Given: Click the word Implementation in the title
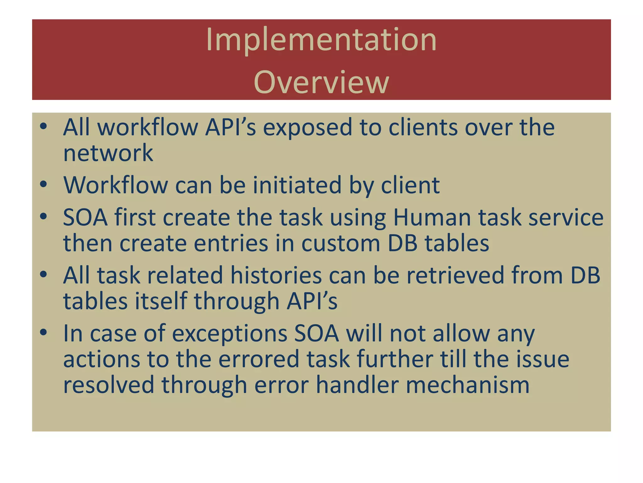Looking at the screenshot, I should tap(321, 40).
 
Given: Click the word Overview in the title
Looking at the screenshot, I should tap(321, 82).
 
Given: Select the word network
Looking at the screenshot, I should tap(108, 153).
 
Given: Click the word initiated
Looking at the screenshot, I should tap(297, 185).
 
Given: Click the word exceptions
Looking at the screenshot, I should tap(230, 334).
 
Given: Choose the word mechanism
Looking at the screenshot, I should tap(467, 385).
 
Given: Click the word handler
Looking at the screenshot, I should tap(357, 385).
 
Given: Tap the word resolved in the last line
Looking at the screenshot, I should tap(109, 385).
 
